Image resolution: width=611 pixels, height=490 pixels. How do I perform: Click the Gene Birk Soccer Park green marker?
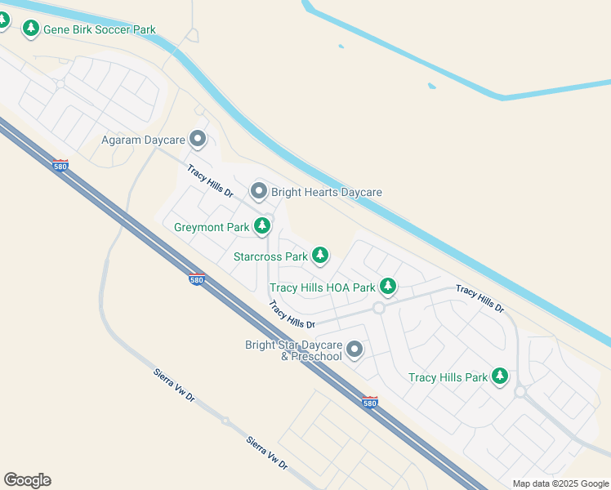coord(31,29)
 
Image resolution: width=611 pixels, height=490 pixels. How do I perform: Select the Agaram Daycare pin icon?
coord(197,139)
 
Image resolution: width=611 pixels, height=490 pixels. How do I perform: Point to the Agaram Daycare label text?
coord(143,140)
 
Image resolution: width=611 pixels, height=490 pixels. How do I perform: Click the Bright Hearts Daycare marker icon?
coord(259,192)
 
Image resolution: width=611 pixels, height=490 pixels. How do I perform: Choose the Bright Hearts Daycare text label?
coord(327,193)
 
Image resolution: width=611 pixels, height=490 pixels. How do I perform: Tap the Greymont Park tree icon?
coord(262,225)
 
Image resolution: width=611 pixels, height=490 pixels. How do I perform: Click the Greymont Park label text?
coord(212,227)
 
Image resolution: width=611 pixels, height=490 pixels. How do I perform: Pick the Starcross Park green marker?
coord(320,256)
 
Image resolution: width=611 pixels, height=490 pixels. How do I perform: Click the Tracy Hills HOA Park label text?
coord(323,287)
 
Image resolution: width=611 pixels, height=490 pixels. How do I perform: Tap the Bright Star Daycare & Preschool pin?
coord(355,350)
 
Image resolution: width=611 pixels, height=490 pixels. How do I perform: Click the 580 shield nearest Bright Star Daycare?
coord(369,403)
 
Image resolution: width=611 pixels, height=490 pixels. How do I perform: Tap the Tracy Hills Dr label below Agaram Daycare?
coord(210,182)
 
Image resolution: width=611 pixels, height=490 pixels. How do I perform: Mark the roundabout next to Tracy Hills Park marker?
coord(520,392)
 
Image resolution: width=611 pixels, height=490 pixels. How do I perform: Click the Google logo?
coord(27,480)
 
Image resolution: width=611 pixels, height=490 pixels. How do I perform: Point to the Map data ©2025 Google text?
coord(560,483)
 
